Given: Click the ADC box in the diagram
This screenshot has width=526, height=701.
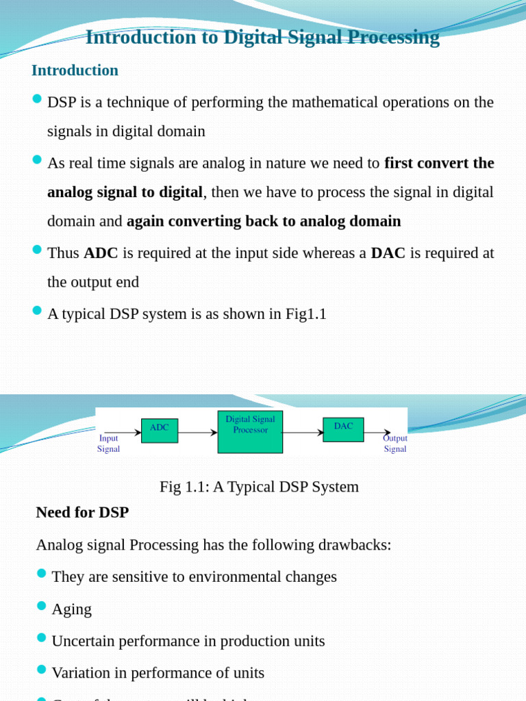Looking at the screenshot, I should pos(160,431).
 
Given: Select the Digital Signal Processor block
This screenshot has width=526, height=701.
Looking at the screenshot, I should pos(250,432).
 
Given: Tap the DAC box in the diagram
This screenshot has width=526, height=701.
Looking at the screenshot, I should pos(343,429).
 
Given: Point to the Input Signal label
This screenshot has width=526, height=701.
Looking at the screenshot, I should pos(108,444).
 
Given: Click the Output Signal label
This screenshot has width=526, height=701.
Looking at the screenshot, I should pos(395,444).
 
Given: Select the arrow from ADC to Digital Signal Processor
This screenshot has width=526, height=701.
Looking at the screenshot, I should pos(197,433).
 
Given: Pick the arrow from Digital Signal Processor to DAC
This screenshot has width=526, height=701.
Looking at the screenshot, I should pos(303,433).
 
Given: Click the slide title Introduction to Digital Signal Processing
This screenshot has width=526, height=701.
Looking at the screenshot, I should pos(262,37).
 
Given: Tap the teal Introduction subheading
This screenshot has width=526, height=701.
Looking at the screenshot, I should pos(75,70).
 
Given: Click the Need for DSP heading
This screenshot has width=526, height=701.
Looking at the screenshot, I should pos(82,512).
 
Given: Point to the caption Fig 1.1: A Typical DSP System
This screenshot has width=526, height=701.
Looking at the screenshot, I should pos(259,487).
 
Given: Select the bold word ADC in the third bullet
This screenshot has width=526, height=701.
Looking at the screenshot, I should pos(101,253).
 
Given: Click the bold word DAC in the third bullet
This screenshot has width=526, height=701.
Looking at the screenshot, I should pos(388,253).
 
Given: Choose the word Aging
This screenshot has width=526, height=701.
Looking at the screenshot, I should pos(71,609).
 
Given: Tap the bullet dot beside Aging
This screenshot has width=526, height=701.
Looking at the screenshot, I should pos(41,606).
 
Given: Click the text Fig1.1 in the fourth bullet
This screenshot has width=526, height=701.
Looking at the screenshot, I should pos(306,314).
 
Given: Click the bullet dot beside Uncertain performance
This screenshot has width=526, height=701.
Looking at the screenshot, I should pos(41,637).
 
